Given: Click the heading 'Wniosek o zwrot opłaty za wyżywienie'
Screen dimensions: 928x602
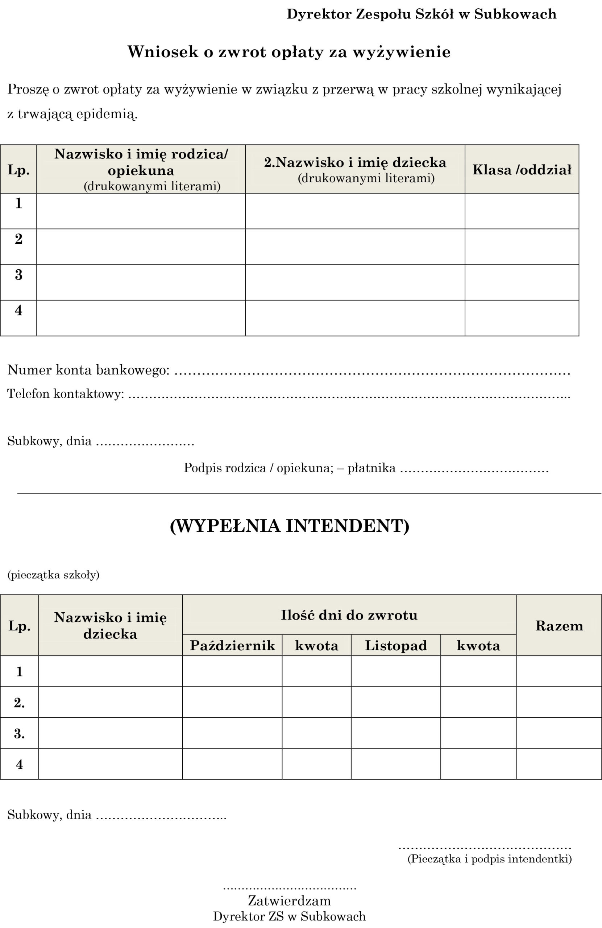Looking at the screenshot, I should point(289,52).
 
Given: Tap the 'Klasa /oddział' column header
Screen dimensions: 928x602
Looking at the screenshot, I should point(522,170).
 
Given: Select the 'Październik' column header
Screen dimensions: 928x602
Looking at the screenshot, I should point(232,646).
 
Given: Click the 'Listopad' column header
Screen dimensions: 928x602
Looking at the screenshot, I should point(396,646).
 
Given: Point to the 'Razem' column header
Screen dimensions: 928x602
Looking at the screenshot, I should point(559,626).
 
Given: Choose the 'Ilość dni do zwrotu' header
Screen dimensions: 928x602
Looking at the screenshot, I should point(349,615).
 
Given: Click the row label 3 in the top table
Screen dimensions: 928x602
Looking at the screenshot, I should point(19,275).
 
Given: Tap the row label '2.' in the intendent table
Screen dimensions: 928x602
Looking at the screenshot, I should point(19,703).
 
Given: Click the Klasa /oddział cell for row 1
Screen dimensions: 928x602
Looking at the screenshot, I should point(522,211).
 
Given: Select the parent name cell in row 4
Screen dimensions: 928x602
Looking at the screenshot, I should point(141,318).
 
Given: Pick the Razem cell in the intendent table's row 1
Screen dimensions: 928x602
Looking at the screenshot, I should point(559,671).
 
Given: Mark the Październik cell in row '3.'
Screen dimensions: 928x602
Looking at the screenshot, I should point(232,733).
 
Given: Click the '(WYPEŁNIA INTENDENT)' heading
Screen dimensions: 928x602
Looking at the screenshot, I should point(290,526).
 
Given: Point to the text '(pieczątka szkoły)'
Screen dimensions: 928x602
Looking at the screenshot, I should point(53,575).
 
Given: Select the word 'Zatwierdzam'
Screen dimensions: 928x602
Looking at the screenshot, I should point(289,900).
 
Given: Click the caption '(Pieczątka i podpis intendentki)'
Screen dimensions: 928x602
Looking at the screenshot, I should point(489,859).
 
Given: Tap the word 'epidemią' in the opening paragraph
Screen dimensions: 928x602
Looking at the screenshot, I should point(107,115).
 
